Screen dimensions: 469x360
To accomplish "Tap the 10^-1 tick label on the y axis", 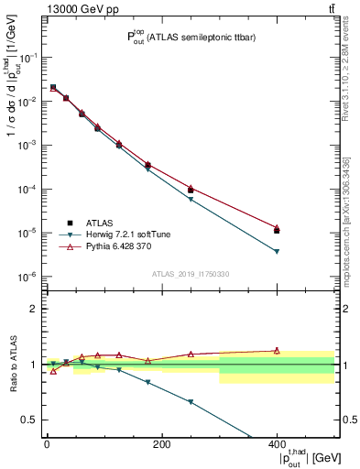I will coord(29,57).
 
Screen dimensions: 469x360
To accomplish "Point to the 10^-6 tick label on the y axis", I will coord(29,277).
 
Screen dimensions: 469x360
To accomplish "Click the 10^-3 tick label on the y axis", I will coord(29,145).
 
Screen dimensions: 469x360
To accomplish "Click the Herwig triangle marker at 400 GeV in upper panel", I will coord(277,252).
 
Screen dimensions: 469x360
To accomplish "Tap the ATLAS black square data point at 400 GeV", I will coord(277,231).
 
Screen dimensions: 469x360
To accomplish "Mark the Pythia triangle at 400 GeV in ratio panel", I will coord(277,350).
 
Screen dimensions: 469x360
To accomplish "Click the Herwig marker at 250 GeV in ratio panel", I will coord(191,402).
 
